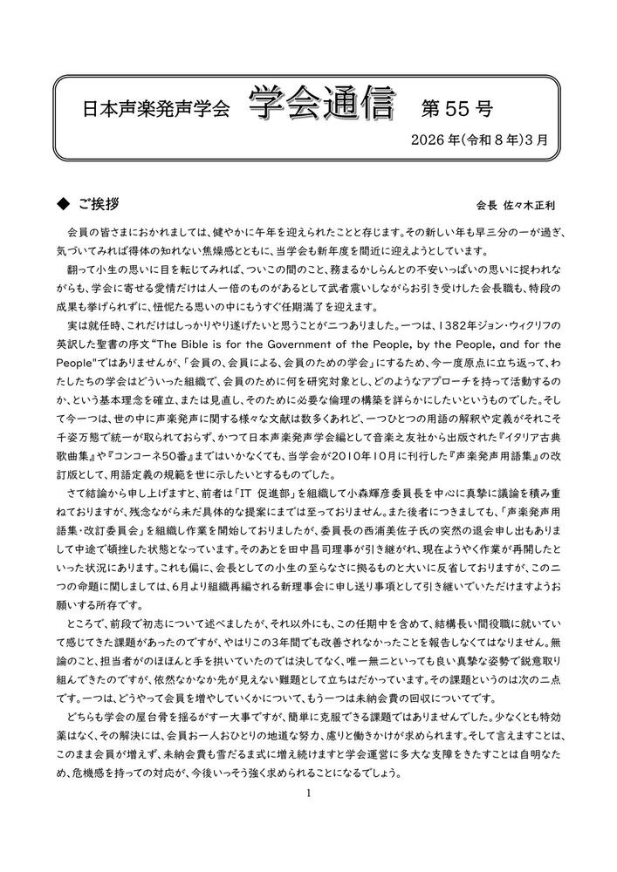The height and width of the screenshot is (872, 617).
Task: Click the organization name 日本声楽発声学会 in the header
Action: pyautogui.click(x=154, y=110)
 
